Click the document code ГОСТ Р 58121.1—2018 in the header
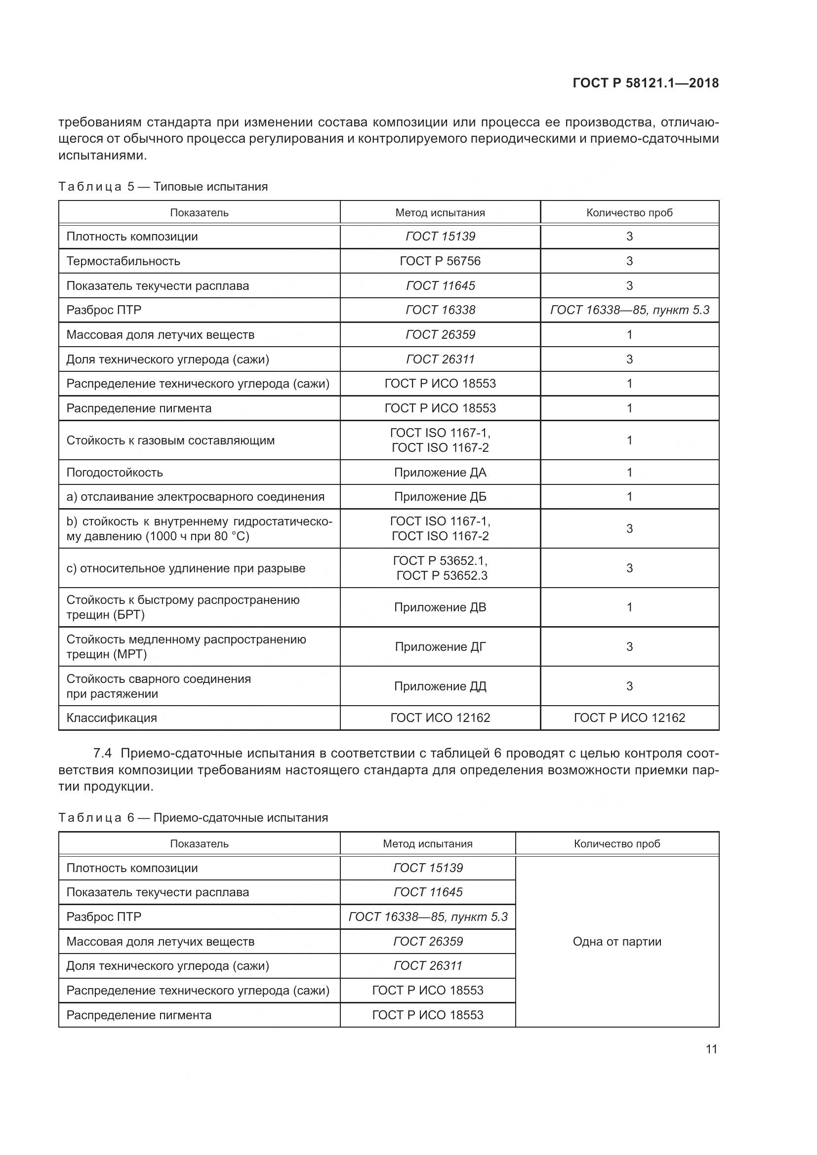click(x=646, y=83)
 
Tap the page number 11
click(x=711, y=1049)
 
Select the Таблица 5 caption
click(x=163, y=187)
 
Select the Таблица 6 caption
click(x=193, y=817)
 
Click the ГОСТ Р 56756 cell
click(x=440, y=261)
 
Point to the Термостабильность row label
click(x=123, y=261)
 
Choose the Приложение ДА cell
click(x=440, y=473)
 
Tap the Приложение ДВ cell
click(x=440, y=607)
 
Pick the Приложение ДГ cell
click(x=440, y=646)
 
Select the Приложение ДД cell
click(x=440, y=686)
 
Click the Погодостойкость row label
click(x=115, y=473)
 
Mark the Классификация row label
click(x=112, y=718)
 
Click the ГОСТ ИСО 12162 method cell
click(x=440, y=718)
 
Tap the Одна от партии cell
click(x=617, y=942)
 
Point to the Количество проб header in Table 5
click(x=629, y=213)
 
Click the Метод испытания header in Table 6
click(x=428, y=843)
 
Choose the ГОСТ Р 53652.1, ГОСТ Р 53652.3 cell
click(x=440, y=568)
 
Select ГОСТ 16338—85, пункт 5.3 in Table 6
click(x=428, y=917)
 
